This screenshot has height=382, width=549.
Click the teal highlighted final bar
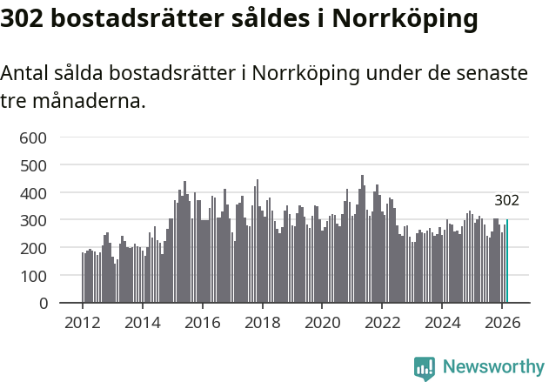[x=507, y=261]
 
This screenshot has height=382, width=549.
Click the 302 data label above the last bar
[x=506, y=200]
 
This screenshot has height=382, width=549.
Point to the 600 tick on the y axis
[x=35, y=137]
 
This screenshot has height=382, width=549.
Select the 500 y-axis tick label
[x=35, y=164]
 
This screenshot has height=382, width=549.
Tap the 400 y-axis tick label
[x=35, y=192]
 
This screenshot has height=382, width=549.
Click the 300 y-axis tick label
[x=35, y=220]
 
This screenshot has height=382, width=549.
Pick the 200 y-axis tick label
[x=35, y=248]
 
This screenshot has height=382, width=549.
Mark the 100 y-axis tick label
[x=35, y=276]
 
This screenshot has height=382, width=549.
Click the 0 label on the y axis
[x=43, y=304]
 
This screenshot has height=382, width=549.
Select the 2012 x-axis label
[x=83, y=322]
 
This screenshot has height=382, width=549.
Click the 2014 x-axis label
[x=143, y=322]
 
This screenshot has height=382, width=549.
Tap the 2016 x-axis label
[x=203, y=322]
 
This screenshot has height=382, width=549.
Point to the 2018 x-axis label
[x=263, y=322]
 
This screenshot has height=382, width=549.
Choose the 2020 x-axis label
[x=323, y=322]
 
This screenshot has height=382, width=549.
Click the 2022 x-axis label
[x=383, y=322]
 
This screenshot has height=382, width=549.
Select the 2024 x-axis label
[x=443, y=322]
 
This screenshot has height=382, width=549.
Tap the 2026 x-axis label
[x=503, y=322]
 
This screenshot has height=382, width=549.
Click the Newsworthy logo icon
[x=425, y=367]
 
